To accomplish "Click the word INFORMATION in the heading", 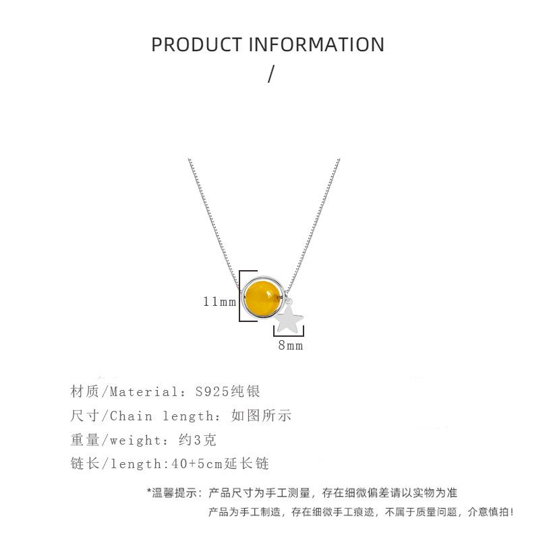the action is click(317, 45).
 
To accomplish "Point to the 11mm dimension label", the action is click(219, 301).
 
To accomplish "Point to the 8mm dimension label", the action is click(291, 346).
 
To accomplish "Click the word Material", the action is click(142, 391).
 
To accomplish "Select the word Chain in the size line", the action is click(131, 416).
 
